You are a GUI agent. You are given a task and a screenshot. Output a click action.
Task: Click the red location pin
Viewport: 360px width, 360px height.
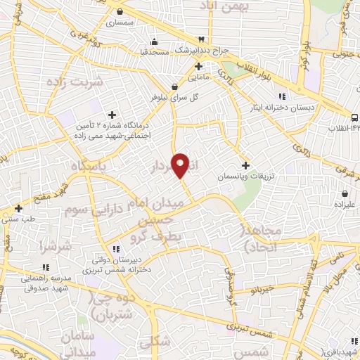(x=181, y=165)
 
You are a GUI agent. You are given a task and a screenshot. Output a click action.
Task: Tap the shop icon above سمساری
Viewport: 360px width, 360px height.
(x=121, y=12)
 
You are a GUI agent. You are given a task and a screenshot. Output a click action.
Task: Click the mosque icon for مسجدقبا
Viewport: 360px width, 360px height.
(x=154, y=40)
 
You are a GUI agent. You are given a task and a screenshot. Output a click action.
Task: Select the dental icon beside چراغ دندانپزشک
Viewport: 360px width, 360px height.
(x=202, y=39)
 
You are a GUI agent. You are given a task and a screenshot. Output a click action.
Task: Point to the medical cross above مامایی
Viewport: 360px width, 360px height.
(x=199, y=66)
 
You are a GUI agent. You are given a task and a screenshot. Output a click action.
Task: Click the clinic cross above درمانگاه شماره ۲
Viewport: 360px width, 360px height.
(x=112, y=115)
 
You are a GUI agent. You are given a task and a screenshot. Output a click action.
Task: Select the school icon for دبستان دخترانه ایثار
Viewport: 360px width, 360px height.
(x=281, y=96)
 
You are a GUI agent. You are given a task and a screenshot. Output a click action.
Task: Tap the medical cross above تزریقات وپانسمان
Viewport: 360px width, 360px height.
(x=244, y=165)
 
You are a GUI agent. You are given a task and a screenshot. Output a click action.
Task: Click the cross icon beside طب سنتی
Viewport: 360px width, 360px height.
(x=18, y=208)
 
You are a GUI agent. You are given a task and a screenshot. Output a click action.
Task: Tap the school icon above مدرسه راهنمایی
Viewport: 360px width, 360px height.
(x=46, y=267)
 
